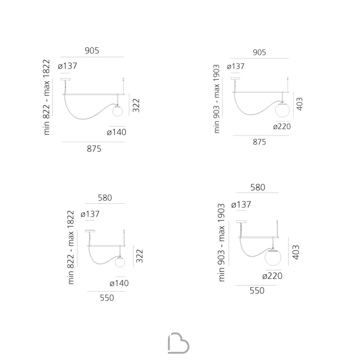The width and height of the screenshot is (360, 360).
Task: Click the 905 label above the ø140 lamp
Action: click(92, 50)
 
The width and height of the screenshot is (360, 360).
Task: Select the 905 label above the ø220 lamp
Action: click(260, 52)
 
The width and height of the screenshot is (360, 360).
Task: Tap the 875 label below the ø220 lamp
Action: click(260, 142)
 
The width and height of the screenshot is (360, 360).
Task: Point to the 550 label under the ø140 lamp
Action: click(107, 298)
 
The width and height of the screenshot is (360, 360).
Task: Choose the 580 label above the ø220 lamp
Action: click(258, 187)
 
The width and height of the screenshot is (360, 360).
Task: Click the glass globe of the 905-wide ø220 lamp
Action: click(282, 110)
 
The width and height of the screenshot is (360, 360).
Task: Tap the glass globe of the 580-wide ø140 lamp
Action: click(120, 262)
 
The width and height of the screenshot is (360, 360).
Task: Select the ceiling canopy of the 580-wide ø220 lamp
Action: click(241, 222)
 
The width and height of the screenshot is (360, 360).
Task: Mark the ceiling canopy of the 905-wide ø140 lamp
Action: click(66, 80)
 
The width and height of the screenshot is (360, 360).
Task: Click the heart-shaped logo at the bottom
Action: click(179, 343)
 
